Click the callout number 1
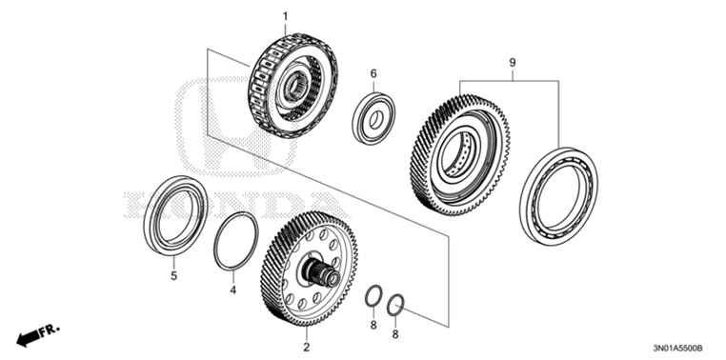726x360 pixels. pos(283,15)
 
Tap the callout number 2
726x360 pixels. pos(306,334)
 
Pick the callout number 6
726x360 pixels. pos(373,73)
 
